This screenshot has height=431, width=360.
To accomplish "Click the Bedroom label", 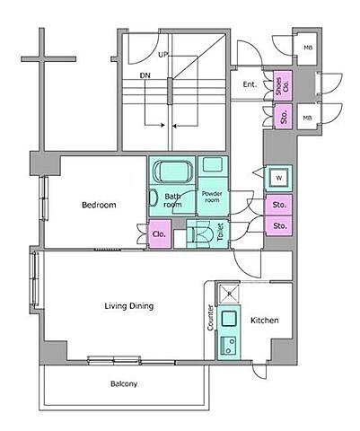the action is coord(99,205).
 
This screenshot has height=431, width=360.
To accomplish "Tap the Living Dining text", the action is coord(129,306).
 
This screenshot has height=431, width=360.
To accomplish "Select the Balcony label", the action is coord(124,383).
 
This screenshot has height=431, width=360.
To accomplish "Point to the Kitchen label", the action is coord(265,321).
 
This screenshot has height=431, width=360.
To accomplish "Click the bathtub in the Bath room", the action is coord(172,171).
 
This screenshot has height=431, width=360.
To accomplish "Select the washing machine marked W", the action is coord(278,179).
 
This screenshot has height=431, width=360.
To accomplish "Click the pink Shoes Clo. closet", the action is coord(283,86).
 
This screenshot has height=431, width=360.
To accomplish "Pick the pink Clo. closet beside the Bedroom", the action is coord(160,234).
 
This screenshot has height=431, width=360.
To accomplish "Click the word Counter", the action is coord(210,318).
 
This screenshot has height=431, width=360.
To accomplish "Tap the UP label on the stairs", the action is coord(163,55).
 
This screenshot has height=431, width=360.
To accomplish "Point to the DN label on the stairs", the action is coord(145,75).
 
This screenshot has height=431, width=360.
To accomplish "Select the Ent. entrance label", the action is coord(250,84).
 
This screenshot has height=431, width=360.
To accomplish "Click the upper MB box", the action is coord(307,48).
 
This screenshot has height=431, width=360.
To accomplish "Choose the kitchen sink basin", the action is coord(229,319).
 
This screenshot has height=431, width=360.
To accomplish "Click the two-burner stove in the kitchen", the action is coord(228,346).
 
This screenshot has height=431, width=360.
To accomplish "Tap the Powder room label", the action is coord(212,197).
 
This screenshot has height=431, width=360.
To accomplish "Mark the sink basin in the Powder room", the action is coord(212,164).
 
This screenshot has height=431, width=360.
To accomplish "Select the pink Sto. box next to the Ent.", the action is coord(283,117).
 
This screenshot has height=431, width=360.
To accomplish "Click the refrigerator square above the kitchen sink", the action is coord(229,294).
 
